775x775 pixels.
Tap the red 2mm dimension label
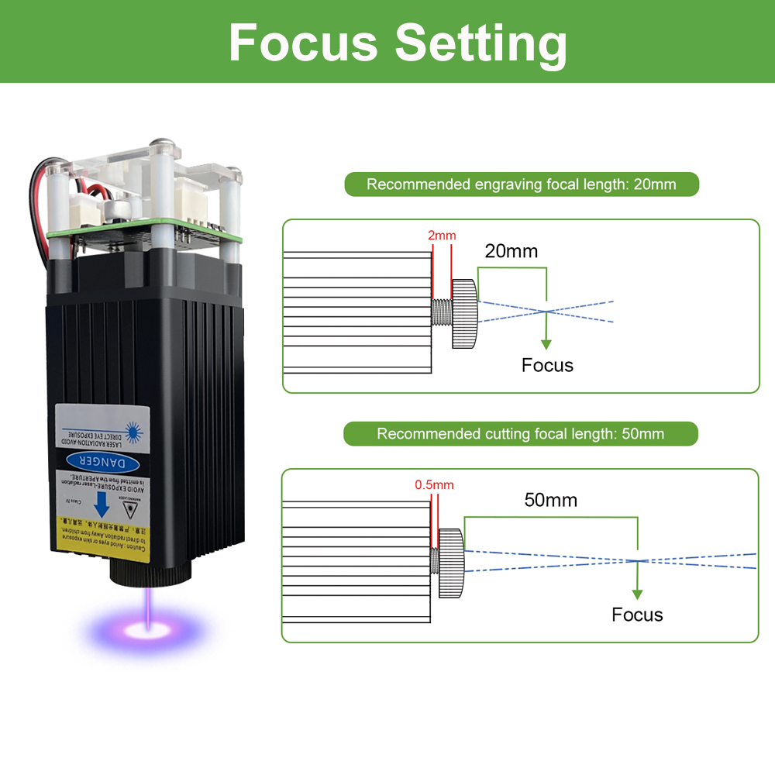click(442, 235)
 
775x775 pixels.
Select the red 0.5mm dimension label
click(434, 485)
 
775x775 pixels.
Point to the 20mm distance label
click(511, 251)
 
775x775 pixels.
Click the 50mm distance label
click(550, 500)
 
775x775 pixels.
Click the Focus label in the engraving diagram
click(547, 365)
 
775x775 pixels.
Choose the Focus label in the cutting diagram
click(637, 615)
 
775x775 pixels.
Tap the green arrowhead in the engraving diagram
click(546, 343)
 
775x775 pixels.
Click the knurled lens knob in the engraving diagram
click(465, 312)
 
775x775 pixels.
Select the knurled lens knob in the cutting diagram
click(451, 562)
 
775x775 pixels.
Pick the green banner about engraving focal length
click(522, 184)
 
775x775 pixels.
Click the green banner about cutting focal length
click(520, 434)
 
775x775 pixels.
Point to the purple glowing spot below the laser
click(145, 626)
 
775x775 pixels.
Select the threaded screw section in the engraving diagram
click(442, 312)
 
